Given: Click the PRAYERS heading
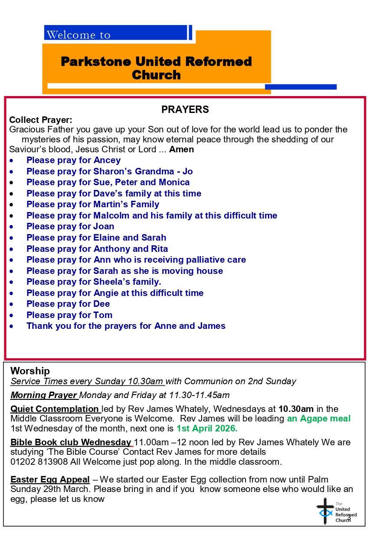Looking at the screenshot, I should [185, 110].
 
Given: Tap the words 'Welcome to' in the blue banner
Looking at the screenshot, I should [78, 35].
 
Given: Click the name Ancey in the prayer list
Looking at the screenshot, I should [107, 161].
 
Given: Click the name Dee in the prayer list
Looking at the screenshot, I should [101, 304].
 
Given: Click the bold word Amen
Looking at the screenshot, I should [181, 150].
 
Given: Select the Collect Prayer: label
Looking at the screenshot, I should [41, 120].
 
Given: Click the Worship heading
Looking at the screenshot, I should [30, 371].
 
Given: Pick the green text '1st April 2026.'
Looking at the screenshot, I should [207, 429].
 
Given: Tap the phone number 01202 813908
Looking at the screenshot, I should [39, 462].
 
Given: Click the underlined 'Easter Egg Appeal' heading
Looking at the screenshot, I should [50, 479].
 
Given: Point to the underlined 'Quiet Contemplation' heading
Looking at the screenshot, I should [55, 409].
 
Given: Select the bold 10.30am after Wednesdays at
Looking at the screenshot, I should [296, 409].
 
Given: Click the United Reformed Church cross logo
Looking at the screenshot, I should [326, 511].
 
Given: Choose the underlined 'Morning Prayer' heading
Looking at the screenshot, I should [44, 395].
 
